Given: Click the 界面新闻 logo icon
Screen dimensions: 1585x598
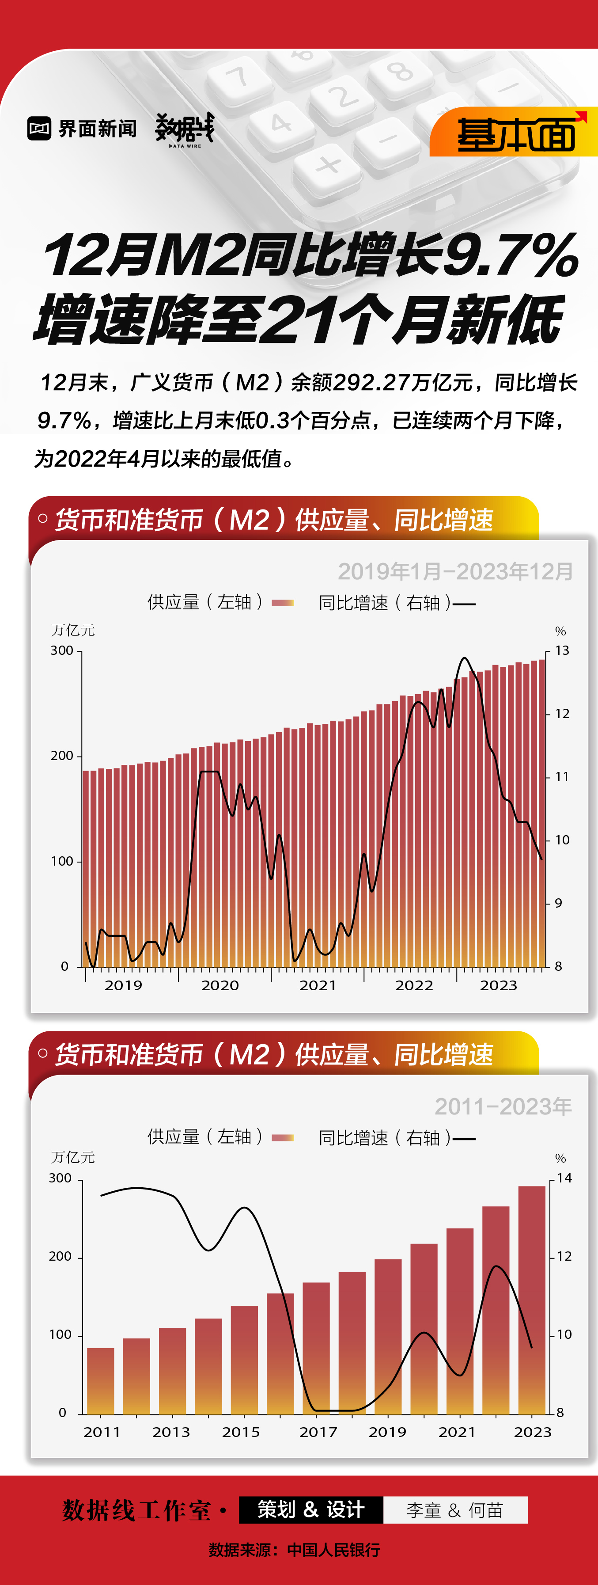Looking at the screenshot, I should tap(39, 128).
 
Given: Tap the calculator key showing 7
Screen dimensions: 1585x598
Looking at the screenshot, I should tap(238, 78).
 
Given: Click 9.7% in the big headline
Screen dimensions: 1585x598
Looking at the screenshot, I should tap(511, 255).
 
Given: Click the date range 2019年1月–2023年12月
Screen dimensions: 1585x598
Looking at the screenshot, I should tap(455, 572).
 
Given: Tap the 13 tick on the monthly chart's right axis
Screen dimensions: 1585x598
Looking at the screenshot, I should tap(562, 650).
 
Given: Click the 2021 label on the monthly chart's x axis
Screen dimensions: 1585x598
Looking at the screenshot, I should tap(318, 985).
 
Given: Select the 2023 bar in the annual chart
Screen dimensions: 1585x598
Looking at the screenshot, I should tap(532, 1298).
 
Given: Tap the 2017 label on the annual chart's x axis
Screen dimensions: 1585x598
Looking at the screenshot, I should tap(318, 1432).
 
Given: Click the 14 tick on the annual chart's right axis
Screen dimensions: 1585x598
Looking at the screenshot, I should tap(564, 1178).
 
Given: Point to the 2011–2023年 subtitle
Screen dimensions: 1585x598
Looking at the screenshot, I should tap(503, 1106).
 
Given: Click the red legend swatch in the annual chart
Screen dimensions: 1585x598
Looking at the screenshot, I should tap(282, 1138).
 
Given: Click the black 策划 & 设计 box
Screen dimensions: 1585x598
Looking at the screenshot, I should tap(310, 1509).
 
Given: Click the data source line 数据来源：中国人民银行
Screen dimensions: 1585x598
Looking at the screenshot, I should tap(294, 1549).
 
